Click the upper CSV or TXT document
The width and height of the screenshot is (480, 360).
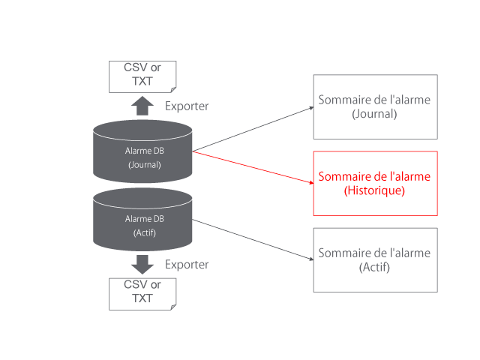[x=142, y=76]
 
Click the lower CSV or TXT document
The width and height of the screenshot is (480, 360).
[x=142, y=293]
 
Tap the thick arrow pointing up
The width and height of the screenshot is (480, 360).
[x=142, y=106]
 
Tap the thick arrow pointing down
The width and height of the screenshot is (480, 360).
[x=142, y=265]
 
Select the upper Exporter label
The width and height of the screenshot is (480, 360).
[x=187, y=106]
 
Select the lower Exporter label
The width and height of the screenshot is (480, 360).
[x=187, y=265]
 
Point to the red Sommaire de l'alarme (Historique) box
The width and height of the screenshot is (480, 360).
[x=375, y=184]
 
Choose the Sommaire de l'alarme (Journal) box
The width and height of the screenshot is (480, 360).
[x=375, y=106]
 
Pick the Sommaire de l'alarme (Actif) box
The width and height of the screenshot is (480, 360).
[x=375, y=259]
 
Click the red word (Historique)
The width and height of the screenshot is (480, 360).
[x=374, y=191]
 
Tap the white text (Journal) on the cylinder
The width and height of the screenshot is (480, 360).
[x=144, y=164]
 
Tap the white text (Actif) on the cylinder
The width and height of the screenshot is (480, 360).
[x=144, y=232]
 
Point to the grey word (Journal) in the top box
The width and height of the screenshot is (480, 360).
[x=374, y=114]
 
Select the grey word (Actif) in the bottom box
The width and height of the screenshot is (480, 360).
[x=374, y=267]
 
